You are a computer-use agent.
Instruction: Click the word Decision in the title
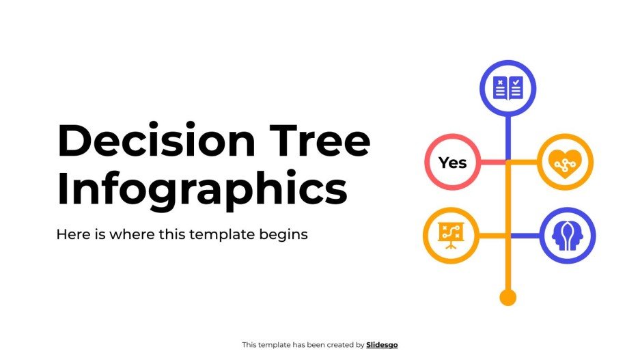(x=156, y=141)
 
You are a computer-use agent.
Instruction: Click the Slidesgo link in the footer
(x=382, y=345)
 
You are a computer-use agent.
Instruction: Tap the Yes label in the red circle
(x=452, y=163)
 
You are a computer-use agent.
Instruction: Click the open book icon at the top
(x=507, y=88)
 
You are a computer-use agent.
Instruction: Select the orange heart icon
(x=565, y=163)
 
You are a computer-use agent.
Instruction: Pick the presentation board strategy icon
(x=450, y=236)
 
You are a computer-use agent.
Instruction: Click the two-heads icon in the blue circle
(x=568, y=236)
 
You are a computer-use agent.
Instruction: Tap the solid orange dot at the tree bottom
(x=507, y=297)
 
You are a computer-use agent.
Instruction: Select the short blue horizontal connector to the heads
(x=525, y=236)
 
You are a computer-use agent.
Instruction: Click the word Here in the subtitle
(x=70, y=234)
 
